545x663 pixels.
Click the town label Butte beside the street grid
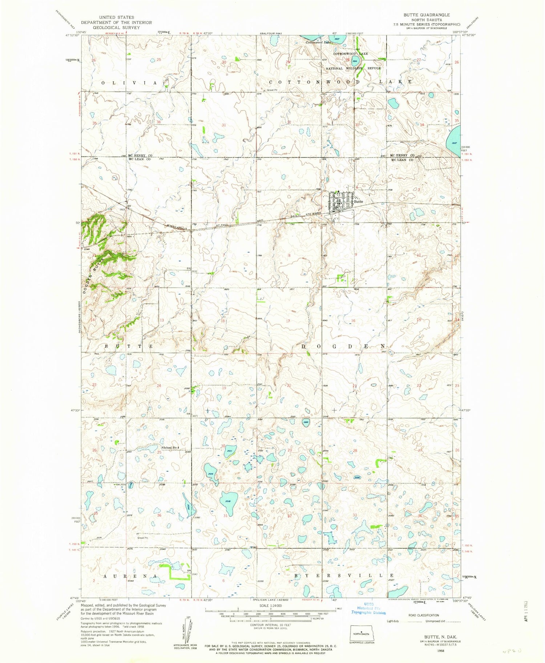pyautogui.click(x=359, y=201)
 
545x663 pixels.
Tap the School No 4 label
pyautogui.click(x=171, y=448)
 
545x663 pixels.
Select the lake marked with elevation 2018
pyautogui.click(x=229, y=501)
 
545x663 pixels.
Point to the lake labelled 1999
pyautogui.click(x=306, y=423)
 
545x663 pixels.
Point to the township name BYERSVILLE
pyautogui.click(x=344, y=576)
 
